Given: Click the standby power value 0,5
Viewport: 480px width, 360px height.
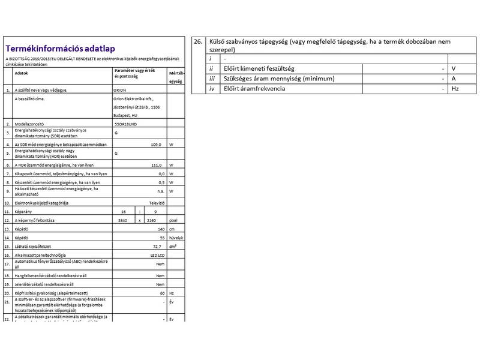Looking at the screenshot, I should tap(161, 182).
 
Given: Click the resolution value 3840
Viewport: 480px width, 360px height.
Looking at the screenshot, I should tap(124, 220).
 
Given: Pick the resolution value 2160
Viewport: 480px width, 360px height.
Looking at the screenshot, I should tap(151, 220).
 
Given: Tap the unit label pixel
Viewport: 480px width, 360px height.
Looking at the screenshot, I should tap(173, 220).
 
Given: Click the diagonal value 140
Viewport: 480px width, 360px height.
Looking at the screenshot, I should tap(161, 229).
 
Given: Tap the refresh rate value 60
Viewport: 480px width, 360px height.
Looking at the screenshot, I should tap(162, 292).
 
